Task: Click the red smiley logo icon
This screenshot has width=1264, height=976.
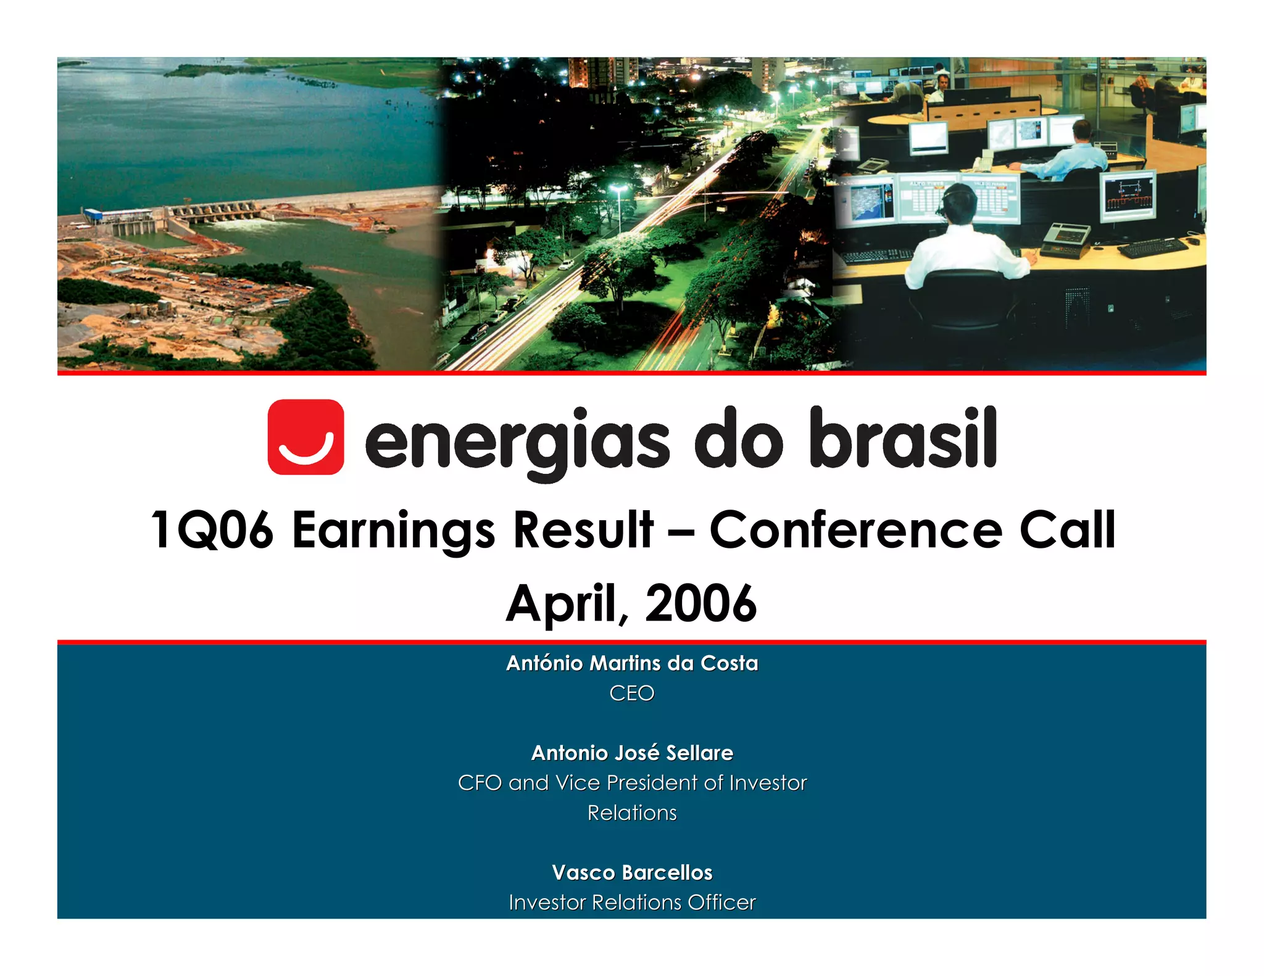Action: [x=306, y=437]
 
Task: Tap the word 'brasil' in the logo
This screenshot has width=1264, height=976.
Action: [x=903, y=437]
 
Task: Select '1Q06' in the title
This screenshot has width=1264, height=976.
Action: [x=212, y=530]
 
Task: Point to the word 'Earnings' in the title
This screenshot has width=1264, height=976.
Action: [x=393, y=530]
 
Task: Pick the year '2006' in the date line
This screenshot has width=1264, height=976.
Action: [x=701, y=603]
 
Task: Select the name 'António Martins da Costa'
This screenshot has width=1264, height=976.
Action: [x=632, y=663]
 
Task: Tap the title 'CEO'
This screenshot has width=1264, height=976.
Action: [x=632, y=693]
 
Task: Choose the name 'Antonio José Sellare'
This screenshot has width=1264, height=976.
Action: [x=632, y=753]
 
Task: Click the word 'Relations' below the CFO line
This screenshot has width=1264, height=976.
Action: [x=632, y=813]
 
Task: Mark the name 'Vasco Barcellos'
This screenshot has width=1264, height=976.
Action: [x=632, y=872]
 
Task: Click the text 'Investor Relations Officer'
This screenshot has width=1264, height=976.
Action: [x=632, y=903]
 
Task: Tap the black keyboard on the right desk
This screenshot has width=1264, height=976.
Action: [x=1152, y=247]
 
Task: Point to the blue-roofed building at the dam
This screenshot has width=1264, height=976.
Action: [x=98, y=215]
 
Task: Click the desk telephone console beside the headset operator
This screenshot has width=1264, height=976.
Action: [x=1065, y=239]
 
